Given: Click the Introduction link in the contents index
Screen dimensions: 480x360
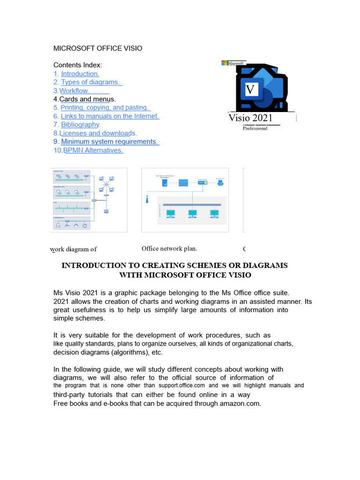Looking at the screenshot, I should pyautogui.click(x=80, y=74).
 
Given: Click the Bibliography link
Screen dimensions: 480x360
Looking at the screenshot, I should pyautogui.click(x=80, y=125).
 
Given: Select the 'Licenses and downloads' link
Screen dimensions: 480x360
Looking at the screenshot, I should pyautogui.click(x=97, y=133).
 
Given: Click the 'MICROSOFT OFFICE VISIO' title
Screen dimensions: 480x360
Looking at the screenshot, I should pyautogui.click(x=98, y=48).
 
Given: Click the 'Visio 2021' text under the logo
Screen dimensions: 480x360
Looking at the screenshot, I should pyautogui.click(x=250, y=118).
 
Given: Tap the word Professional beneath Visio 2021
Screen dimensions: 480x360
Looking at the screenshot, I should pyautogui.click(x=255, y=128).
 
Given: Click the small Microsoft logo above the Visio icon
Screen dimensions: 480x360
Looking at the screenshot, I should pyautogui.click(x=233, y=63).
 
